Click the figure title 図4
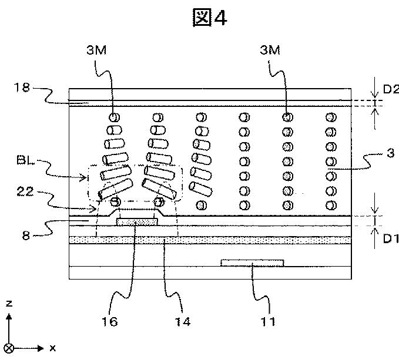coord(210,17)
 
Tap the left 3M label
coord(97,50)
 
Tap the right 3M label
coord(270,50)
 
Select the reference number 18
coord(22,88)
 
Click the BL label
coord(25,160)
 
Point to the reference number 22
coord(25,191)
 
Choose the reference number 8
coord(26,235)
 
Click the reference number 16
coord(110,322)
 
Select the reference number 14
coord(182,322)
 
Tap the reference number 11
coord(268,322)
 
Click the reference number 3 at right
coord(391,153)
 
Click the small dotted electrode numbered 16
coord(137,221)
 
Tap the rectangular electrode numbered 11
coord(252,263)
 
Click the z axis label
coord(9,303)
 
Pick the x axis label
coord(53,348)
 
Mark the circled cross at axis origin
coord(9,348)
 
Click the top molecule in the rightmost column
coord(331,117)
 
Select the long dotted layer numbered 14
coord(210,240)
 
